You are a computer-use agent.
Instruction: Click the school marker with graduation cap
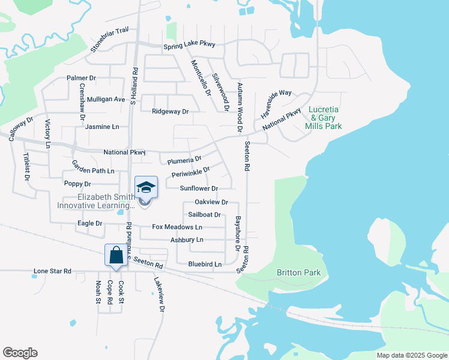pyautogui.click(x=146, y=188)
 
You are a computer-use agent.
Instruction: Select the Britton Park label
pyautogui.click(x=298, y=272)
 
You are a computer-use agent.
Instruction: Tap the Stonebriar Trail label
pyautogui.click(x=110, y=38)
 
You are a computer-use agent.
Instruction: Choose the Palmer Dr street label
pyautogui.click(x=82, y=78)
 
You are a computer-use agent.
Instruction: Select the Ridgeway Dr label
pyautogui.click(x=170, y=112)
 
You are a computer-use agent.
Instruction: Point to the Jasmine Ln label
pyautogui.click(x=102, y=127)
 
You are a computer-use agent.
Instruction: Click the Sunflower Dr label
pyautogui.click(x=199, y=188)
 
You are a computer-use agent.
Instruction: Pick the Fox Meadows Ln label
pyautogui.click(x=177, y=227)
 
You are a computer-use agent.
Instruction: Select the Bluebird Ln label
pyautogui.click(x=205, y=264)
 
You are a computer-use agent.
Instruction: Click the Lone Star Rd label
pyautogui.click(x=52, y=271)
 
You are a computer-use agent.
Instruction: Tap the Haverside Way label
pyautogui.click(x=276, y=103)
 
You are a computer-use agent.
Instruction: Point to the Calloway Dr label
pyautogui.click(x=22, y=129)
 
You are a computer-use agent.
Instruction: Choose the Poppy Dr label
pyautogui.click(x=77, y=184)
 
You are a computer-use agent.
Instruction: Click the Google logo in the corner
pyautogui.click(x=20, y=353)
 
